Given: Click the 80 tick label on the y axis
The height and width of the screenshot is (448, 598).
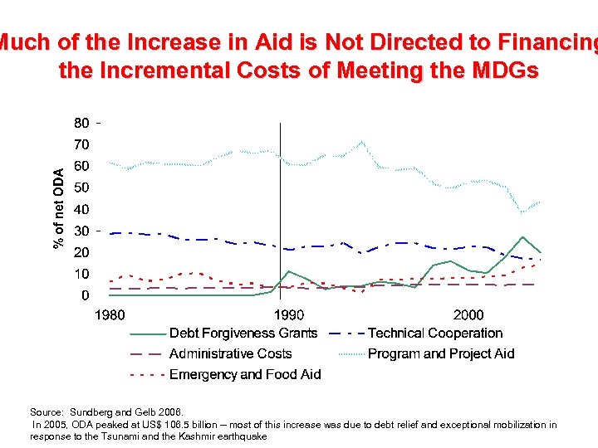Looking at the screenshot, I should (x=81, y=123).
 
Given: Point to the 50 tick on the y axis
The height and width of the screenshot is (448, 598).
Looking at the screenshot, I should (x=81, y=187).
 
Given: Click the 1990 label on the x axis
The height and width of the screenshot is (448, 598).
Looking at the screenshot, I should (x=289, y=315).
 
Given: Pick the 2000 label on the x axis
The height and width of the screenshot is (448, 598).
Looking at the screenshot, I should (x=468, y=315).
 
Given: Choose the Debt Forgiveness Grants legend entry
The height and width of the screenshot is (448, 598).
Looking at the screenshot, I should (x=243, y=334).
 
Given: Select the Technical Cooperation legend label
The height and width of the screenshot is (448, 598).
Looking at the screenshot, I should (x=434, y=334).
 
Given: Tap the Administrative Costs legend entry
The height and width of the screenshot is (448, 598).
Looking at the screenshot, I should (x=230, y=354).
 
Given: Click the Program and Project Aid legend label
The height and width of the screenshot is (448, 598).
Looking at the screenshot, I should (x=440, y=354).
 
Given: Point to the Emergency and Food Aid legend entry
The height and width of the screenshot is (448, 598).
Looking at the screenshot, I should (x=244, y=374).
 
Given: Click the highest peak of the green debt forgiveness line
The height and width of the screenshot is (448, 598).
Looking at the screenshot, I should (x=522, y=237).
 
